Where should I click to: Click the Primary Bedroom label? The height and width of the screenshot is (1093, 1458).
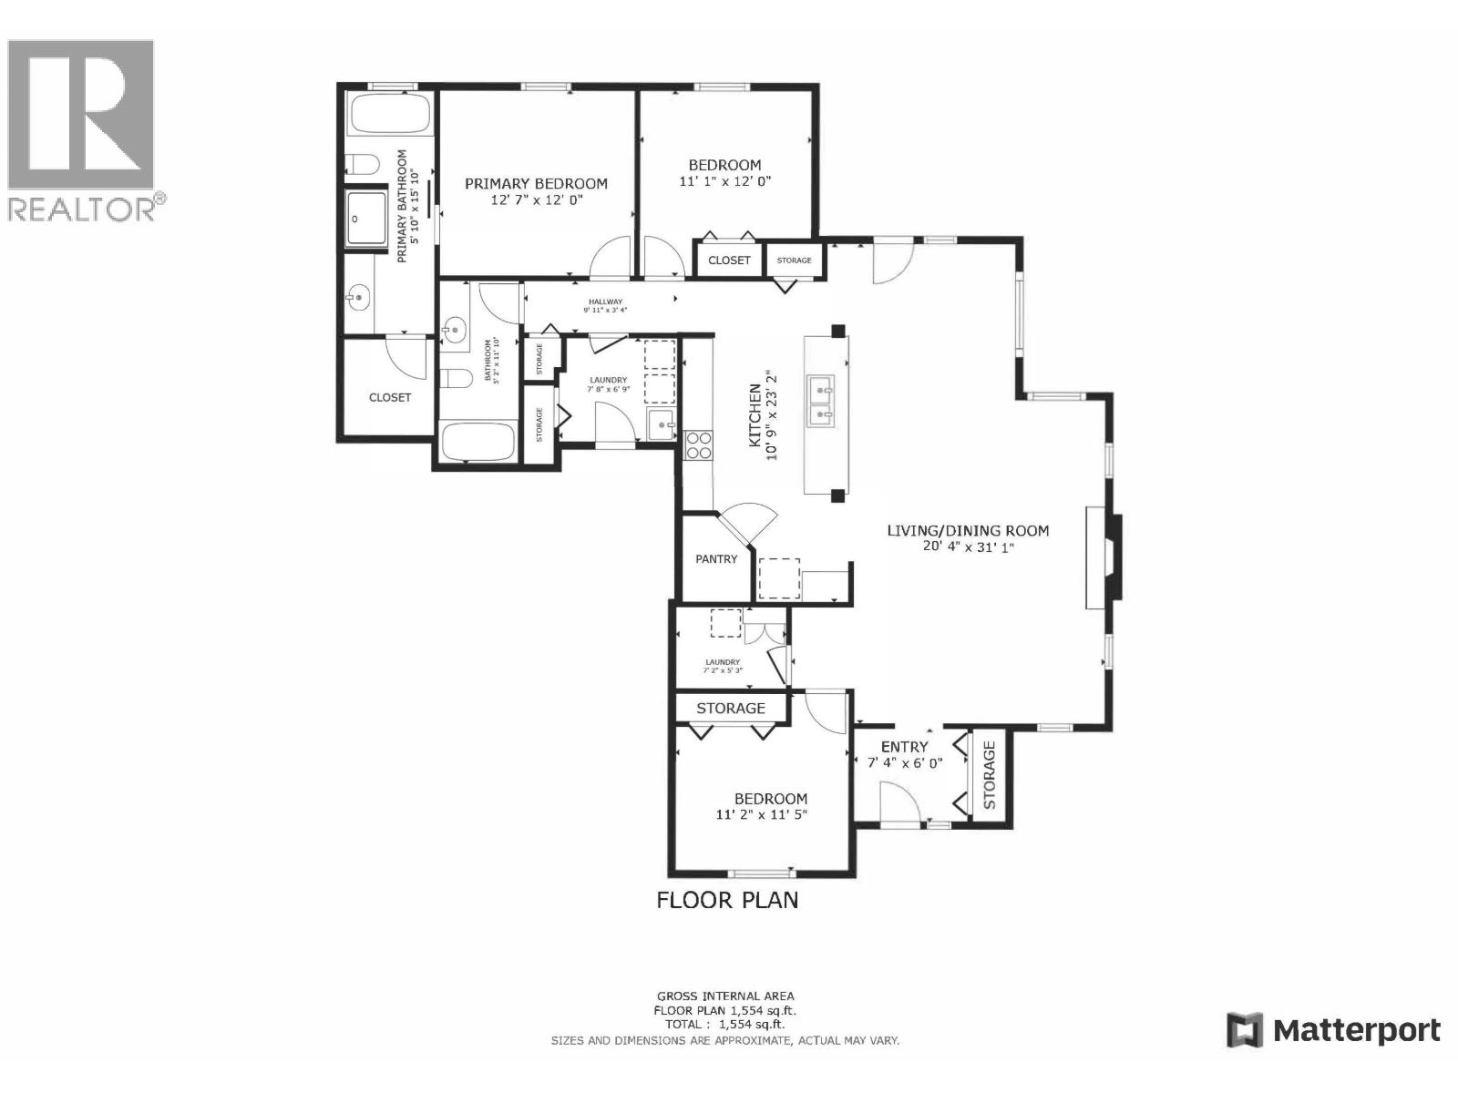point(536,183)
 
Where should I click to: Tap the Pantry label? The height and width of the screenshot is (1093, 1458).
point(716,558)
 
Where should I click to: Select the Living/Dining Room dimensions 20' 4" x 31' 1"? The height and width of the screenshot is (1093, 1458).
point(968,547)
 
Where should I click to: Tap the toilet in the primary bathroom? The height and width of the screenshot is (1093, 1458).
point(363,165)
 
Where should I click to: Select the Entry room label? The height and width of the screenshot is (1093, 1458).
point(904,747)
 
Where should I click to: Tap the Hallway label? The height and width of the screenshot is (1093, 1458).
point(605,301)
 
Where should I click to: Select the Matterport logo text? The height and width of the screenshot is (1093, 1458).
point(1356,1031)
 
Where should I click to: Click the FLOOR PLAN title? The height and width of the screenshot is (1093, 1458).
point(727,900)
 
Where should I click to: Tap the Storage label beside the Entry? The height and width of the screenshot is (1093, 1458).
point(989,775)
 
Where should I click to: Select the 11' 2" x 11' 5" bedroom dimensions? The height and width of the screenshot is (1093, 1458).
point(761,815)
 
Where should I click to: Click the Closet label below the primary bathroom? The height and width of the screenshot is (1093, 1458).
point(390,397)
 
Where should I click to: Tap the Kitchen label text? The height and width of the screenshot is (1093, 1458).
point(755,415)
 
